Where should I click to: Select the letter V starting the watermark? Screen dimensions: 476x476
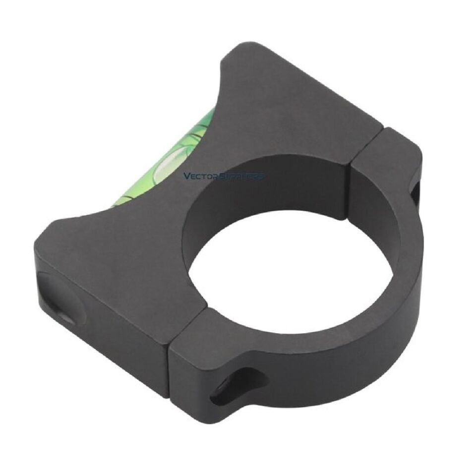186,176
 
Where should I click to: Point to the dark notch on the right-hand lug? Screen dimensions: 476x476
415,193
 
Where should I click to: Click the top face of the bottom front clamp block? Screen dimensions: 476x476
198,337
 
